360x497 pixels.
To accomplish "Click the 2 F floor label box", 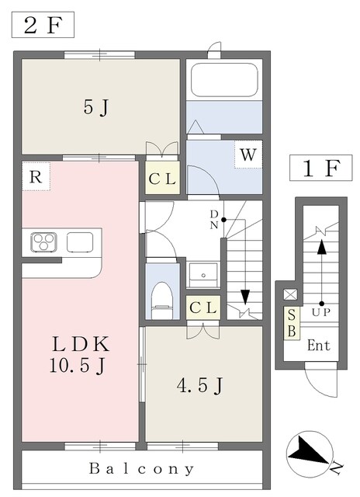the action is pos(43,25).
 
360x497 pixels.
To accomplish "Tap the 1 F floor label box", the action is pos(320,168).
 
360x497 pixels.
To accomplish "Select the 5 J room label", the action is pos(96,108).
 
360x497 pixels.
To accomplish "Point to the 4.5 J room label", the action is pos(200,385).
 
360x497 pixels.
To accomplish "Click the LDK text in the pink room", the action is pos(81,344).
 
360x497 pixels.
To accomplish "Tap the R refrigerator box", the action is pos(36,176).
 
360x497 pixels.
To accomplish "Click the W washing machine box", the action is pos(248,155).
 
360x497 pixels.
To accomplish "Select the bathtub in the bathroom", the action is pos(224,79).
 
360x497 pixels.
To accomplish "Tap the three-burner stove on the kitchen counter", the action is pos(44,242).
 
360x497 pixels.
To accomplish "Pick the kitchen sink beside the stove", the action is pos(80,242).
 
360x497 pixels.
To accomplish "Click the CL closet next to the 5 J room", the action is pos(162,178).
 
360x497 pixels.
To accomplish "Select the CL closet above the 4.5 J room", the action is pos(203,308).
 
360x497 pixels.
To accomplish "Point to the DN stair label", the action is pos(214,219).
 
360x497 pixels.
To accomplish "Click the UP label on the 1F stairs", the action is pos(321,312).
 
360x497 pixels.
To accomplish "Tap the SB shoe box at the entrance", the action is pos(292,323).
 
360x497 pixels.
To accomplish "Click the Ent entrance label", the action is pos(319,345).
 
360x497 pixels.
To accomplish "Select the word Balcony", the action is pos(141,468).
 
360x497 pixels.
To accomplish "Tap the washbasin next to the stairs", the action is pos(203,275).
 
